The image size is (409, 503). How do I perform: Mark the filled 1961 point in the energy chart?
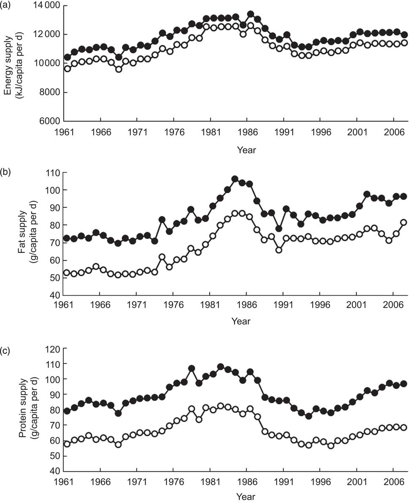tap(67, 57)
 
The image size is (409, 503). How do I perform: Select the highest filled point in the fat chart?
tap(235, 179)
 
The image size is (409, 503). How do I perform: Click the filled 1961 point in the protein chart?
tap(67, 411)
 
